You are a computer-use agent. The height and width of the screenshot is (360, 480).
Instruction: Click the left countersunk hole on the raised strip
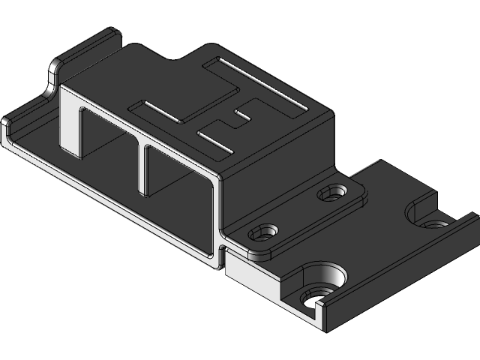click(x=265, y=229)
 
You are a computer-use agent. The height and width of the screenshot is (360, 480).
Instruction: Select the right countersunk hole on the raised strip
click(x=328, y=194)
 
